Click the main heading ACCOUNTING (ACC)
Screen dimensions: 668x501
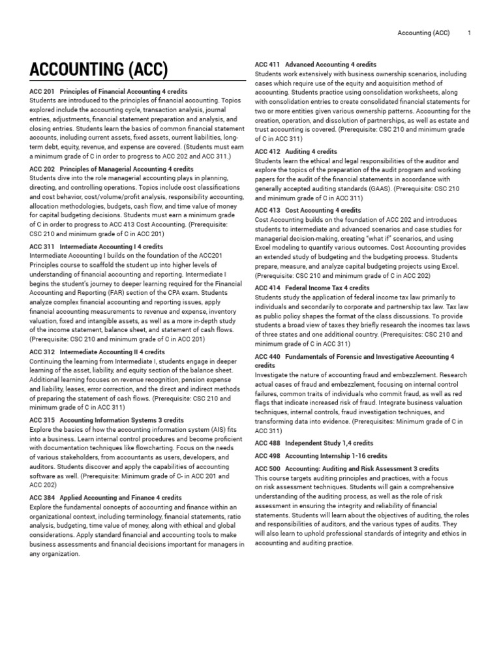[99, 69]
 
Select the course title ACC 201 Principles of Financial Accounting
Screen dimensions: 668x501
[108, 92]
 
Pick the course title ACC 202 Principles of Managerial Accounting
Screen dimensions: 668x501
[112, 169]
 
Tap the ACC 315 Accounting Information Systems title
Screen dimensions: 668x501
[107, 420]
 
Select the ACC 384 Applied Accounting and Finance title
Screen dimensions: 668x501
[106, 497]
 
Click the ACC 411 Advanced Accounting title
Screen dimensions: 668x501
[315, 65]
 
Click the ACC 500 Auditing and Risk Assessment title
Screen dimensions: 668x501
[346, 468]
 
